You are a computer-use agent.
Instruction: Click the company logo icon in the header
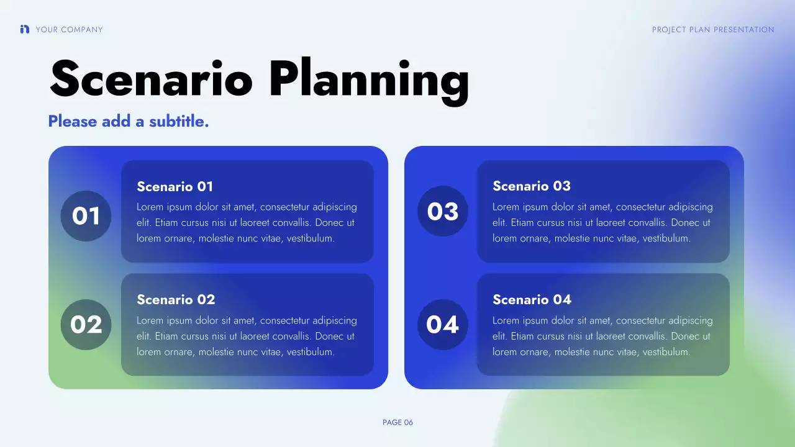pos(25,29)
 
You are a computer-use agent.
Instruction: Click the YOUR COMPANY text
pos(69,30)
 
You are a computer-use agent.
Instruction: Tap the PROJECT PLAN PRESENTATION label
pos(713,30)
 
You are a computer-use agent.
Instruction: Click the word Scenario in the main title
pos(151,79)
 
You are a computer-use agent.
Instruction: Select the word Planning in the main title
pos(369,81)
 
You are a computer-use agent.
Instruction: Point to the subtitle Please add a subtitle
pos(129,121)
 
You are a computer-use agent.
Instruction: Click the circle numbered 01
pos(86,216)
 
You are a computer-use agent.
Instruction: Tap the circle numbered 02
pos(86,325)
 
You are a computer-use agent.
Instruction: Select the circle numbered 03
pos(442,212)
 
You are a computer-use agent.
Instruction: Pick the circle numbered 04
pos(442,325)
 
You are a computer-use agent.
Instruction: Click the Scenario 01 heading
pos(175,186)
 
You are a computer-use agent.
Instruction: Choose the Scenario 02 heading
pos(176,300)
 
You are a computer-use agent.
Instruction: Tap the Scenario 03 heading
pos(531,186)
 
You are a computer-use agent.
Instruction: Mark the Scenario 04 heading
pos(532,300)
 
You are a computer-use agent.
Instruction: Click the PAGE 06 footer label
pos(397,423)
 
